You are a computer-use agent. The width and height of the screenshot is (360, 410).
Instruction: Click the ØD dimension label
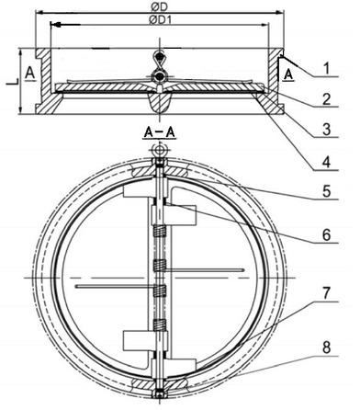160,6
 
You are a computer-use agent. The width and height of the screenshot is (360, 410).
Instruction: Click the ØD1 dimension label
161,20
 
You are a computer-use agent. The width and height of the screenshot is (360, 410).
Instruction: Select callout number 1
327,68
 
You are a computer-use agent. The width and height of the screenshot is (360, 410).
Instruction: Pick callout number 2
327,99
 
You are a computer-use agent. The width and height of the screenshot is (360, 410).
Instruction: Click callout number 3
327,130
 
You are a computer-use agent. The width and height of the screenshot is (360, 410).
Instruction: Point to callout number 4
327,162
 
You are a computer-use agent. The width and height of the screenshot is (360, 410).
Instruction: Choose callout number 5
327,191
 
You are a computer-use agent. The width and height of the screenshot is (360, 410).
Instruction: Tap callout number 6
327,235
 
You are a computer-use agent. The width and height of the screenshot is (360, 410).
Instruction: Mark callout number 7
326,293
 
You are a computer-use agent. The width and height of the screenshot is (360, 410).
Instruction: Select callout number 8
327,347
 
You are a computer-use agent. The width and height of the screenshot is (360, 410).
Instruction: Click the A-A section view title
159,132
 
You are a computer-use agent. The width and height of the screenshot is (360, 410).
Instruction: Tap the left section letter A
29,74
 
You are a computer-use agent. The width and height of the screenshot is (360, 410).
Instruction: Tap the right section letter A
289,74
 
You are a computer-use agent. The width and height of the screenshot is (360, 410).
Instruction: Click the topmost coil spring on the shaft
160,231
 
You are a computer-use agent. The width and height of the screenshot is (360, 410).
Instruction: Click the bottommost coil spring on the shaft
160,325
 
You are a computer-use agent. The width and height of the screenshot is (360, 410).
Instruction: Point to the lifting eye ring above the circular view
159,150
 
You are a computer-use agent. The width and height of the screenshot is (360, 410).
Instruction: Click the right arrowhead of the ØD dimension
280,13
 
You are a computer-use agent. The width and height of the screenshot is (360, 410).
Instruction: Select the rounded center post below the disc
160,102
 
